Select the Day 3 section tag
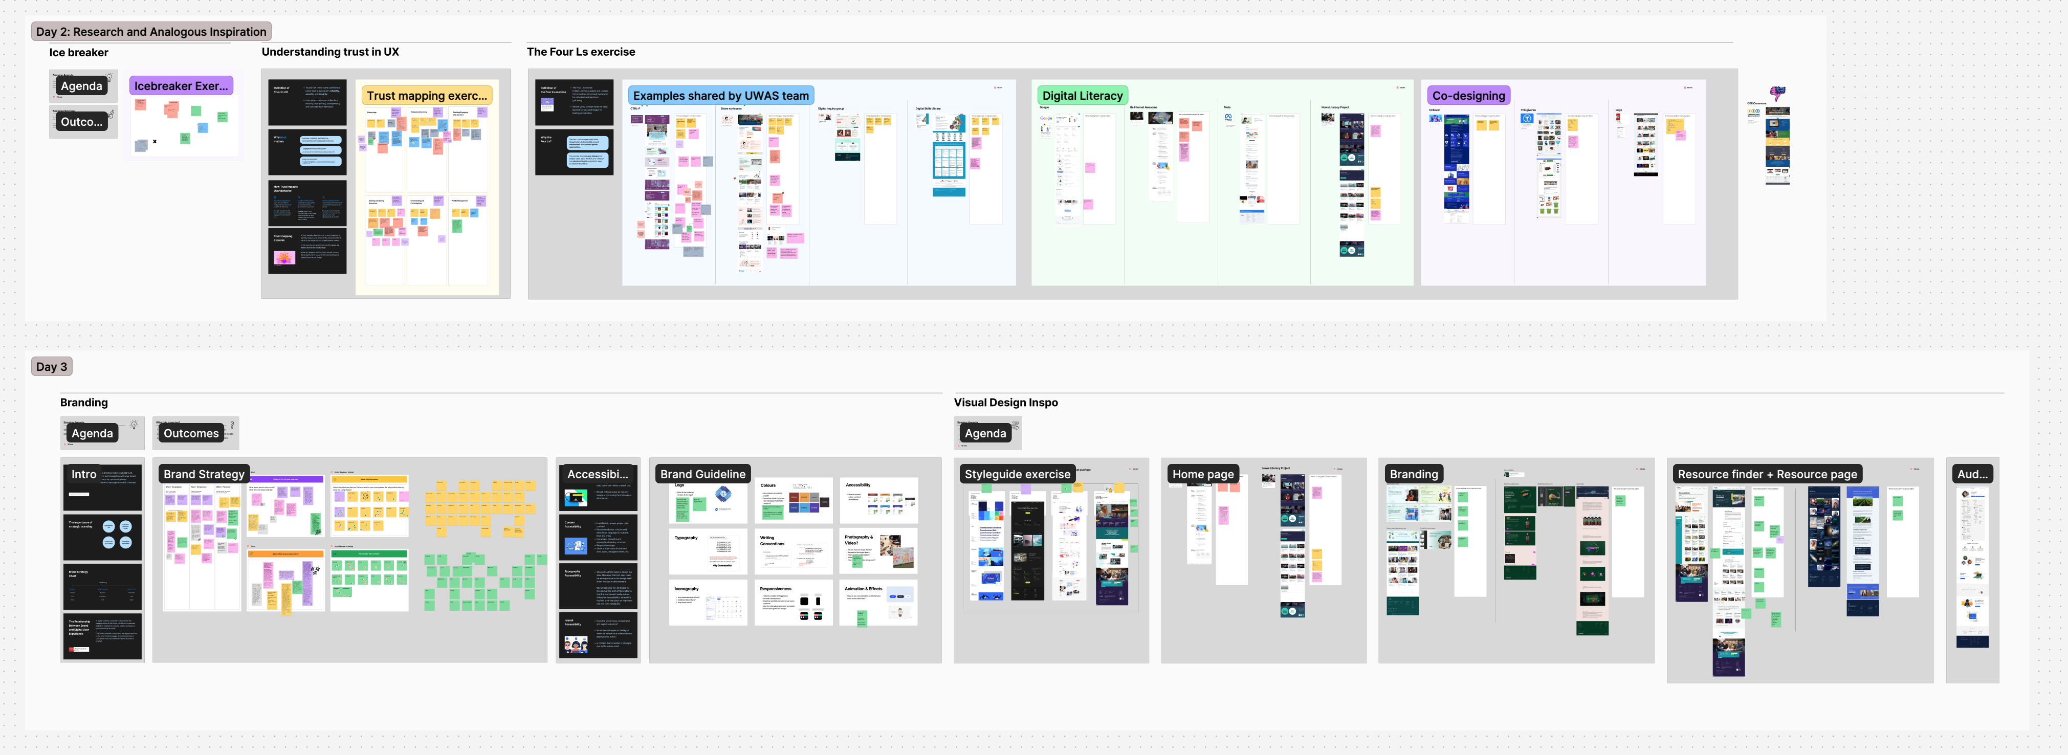[x=51, y=367]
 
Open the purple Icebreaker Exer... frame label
[x=181, y=86]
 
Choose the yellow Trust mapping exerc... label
[x=426, y=96]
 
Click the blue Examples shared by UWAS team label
[x=720, y=96]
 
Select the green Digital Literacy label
[x=1082, y=96]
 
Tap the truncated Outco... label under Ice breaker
[x=81, y=122]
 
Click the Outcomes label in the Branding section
[x=190, y=433]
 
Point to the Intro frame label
[x=83, y=474]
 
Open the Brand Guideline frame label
[x=702, y=474]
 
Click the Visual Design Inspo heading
[x=1005, y=403]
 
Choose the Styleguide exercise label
[x=1017, y=474]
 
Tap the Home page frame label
[x=1203, y=474]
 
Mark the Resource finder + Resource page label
[x=1767, y=474]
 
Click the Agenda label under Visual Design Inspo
[x=985, y=433]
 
